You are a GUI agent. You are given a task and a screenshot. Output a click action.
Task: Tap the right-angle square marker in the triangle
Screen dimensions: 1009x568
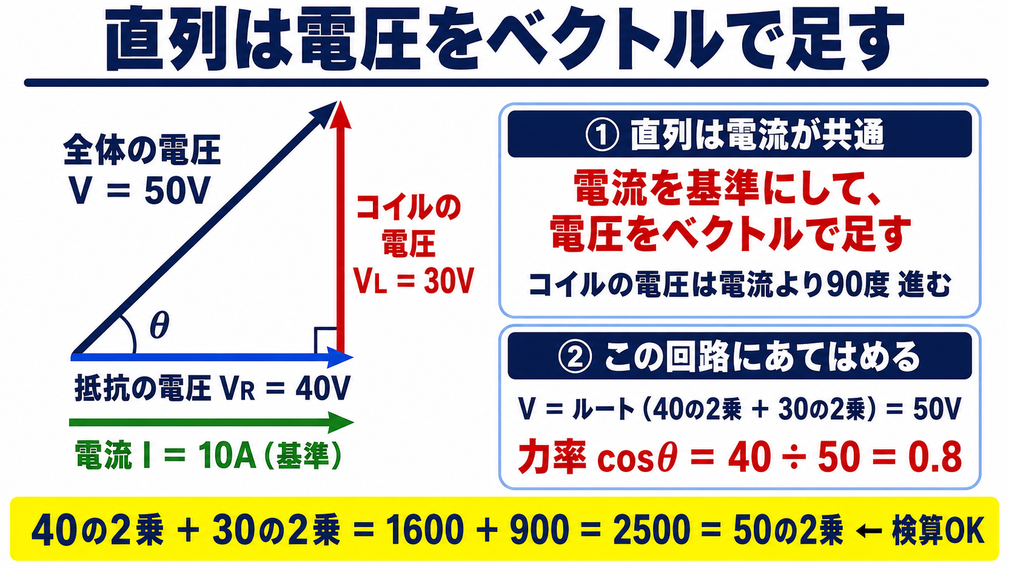click(326, 340)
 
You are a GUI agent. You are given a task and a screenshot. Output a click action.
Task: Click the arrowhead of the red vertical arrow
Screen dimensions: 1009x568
click(341, 115)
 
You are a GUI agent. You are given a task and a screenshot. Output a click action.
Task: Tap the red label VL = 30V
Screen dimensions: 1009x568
click(413, 281)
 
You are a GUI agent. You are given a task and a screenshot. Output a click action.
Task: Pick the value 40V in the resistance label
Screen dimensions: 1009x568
click(322, 388)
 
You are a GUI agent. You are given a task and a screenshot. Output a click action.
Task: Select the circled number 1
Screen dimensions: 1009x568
click(602, 135)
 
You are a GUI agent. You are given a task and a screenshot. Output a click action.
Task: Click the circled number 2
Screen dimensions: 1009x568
click(575, 357)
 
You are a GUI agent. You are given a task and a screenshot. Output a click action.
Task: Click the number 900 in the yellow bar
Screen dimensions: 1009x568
click(540, 530)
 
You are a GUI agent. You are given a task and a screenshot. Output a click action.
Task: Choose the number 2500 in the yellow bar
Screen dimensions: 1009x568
click(651, 530)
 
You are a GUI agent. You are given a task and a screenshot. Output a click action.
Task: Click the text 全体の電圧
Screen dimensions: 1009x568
click(142, 150)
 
